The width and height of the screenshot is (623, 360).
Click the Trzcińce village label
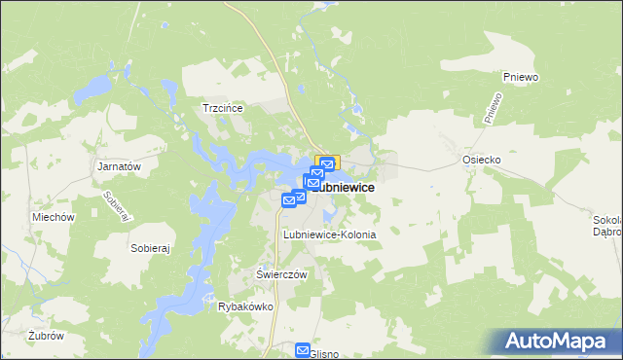pyautogui.click(x=221, y=108)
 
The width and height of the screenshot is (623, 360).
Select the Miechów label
pyautogui.click(x=54, y=217)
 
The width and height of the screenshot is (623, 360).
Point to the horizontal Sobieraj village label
pyautogui.click(x=150, y=248)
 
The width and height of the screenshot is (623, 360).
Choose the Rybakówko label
pyautogui.click(x=245, y=306)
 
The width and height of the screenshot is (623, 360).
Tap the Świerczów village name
pyautogui.click(x=281, y=274)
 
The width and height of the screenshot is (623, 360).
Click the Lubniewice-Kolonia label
pyautogui.click(x=329, y=235)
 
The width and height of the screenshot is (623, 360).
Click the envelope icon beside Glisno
pyautogui.click(x=303, y=350)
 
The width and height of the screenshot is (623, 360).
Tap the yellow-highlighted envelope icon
pyautogui.click(x=327, y=165)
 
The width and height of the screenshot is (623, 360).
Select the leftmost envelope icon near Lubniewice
pyautogui.click(x=289, y=199)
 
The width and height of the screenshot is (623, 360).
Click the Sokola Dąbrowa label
pyautogui.click(x=607, y=226)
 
